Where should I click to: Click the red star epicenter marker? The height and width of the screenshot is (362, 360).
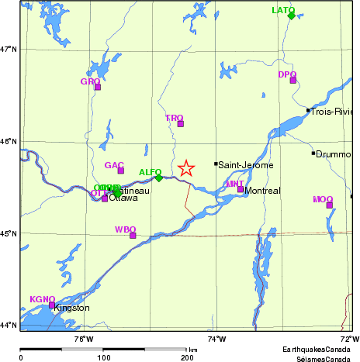[x=185, y=168]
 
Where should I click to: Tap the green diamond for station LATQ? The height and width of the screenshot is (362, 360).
[x=291, y=15]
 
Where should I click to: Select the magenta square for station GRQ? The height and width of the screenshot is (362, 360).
[x=98, y=87]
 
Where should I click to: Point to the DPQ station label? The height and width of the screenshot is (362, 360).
[x=287, y=74]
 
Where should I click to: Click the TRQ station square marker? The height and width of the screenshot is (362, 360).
[x=181, y=123]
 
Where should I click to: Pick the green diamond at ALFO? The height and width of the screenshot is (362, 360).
[x=159, y=178]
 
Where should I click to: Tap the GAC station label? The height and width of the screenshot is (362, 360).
[x=114, y=165]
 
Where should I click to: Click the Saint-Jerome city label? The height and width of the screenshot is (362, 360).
[x=244, y=165]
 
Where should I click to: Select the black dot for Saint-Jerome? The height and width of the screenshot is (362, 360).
[x=216, y=164]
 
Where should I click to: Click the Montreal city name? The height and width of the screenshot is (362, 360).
[x=262, y=191]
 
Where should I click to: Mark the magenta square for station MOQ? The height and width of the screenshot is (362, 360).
[x=329, y=205]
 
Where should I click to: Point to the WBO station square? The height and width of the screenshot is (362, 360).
[x=133, y=235]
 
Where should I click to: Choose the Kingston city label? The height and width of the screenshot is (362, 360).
[x=71, y=309]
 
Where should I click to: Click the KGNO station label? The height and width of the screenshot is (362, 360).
[x=42, y=299]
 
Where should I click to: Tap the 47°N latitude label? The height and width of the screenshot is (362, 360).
[x=9, y=49]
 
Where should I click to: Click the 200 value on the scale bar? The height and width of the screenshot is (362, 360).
[x=187, y=357]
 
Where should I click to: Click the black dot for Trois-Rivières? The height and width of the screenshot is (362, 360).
[x=308, y=110]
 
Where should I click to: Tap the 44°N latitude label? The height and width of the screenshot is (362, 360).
[x=9, y=325]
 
